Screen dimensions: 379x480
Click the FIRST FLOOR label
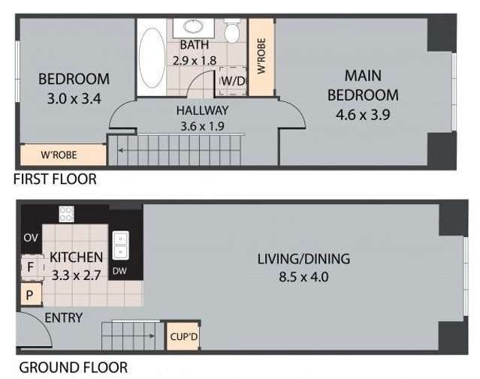(x=55, y=179)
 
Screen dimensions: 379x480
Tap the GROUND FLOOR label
(x=72, y=368)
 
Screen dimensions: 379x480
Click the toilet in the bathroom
(x=232, y=32)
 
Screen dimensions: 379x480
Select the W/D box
(x=232, y=81)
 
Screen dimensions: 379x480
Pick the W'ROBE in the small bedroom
(x=62, y=155)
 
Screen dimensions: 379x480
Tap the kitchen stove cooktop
(x=67, y=214)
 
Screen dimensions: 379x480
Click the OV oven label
(x=31, y=238)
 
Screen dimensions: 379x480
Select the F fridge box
(x=30, y=266)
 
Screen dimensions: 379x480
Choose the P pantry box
(x=29, y=295)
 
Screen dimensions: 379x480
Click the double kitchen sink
(x=119, y=245)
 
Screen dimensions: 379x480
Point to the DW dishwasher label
(x=119, y=271)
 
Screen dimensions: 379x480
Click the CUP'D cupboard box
(x=183, y=335)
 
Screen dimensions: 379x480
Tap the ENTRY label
(x=63, y=318)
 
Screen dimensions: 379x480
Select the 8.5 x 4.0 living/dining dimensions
(x=303, y=276)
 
